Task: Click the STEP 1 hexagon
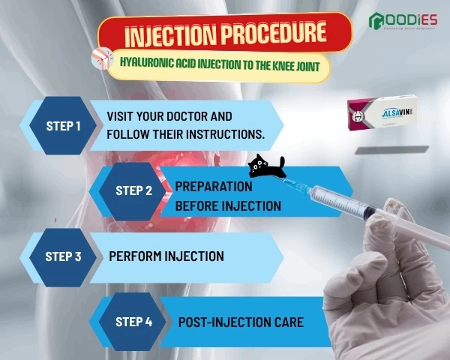pos(64,125)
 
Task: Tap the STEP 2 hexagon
pos(133,190)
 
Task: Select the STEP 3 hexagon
pos(63,256)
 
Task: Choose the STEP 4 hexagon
pos(133,322)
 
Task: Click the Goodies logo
pos(404,22)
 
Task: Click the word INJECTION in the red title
pos(161,34)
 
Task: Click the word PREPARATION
pos(213,187)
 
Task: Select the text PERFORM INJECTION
pos(166,256)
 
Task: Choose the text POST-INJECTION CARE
pos(240,322)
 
